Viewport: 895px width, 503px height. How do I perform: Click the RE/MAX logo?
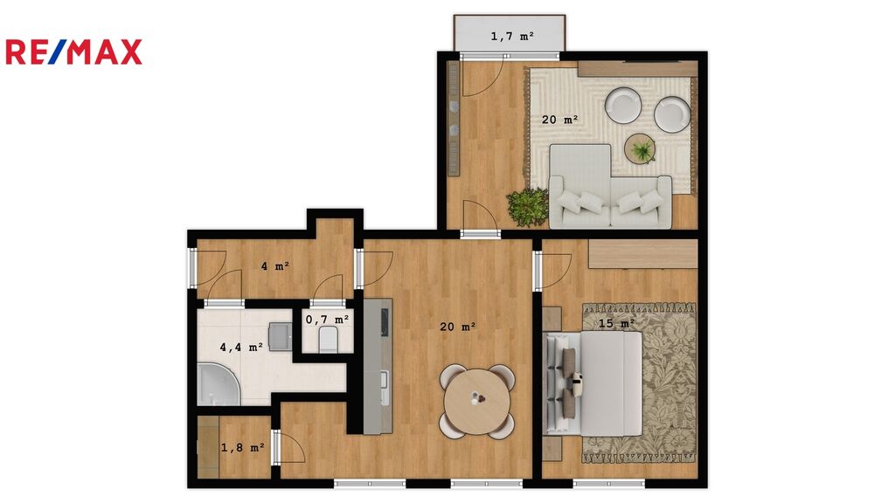click(73, 52)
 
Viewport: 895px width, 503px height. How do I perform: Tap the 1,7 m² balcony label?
click(512, 37)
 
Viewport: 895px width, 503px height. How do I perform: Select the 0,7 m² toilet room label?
click(327, 320)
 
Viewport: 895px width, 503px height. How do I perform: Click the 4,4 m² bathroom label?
click(241, 347)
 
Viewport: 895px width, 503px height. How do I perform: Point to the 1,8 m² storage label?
click(243, 448)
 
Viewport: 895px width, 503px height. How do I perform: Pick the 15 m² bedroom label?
click(616, 323)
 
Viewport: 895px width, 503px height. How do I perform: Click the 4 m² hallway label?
click(275, 265)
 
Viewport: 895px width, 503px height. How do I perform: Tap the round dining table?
click(477, 402)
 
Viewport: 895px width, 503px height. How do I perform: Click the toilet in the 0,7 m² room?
click(329, 340)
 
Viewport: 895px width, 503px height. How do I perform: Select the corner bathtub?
click(219, 382)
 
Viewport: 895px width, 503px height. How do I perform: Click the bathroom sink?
click(281, 336)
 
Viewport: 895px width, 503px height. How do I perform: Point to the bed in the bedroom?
click(594, 383)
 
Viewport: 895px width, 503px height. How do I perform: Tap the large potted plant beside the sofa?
click(527, 207)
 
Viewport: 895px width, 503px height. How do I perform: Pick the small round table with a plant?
click(640, 148)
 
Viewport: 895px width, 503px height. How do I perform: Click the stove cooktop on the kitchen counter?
click(385, 322)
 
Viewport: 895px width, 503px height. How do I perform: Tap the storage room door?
click(290, 446)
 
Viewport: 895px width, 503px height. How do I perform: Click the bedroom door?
click(553, 272)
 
